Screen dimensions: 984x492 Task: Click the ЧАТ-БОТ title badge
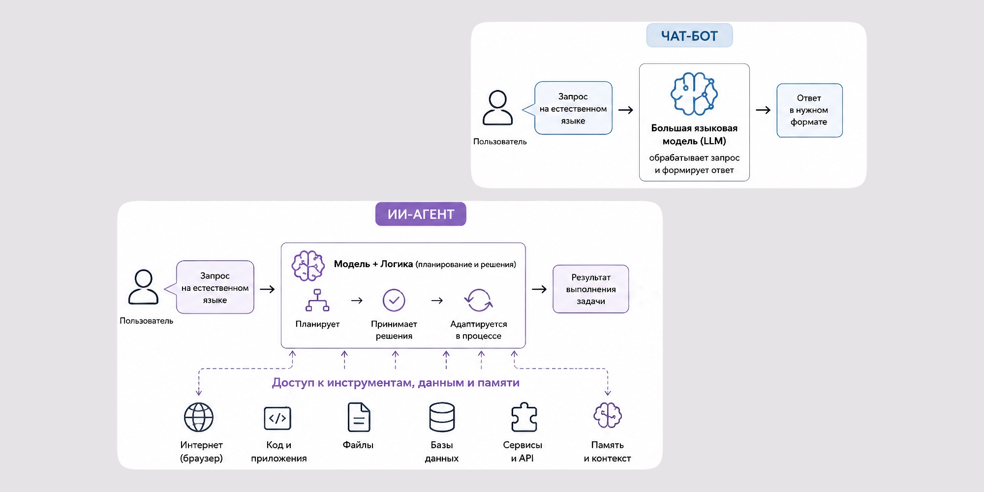point(689,35)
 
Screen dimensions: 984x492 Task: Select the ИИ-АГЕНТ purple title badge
point(421,214)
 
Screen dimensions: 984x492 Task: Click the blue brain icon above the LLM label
point(694,93)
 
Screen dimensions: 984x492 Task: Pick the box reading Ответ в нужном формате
point(809,110)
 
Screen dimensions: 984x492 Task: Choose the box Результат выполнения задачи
point(591,289)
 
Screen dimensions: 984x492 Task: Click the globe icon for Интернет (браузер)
point(199,417)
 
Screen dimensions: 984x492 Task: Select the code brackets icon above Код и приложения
point(277,418)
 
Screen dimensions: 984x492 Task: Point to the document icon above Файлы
point(359,417)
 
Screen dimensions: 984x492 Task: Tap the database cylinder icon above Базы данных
point(442,417)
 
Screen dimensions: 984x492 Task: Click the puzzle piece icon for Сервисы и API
point(524,417)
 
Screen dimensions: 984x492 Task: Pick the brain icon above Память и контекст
point(608,416)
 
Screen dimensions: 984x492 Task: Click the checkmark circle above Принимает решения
point(394,300)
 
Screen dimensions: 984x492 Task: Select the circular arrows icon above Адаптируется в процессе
point(478,300)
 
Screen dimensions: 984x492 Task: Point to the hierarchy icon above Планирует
point(317,300)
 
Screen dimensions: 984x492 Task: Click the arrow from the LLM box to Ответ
point(763,110)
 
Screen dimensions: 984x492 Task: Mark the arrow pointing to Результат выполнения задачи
point(539,289)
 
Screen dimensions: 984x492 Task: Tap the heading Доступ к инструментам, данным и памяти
point(396,383)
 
